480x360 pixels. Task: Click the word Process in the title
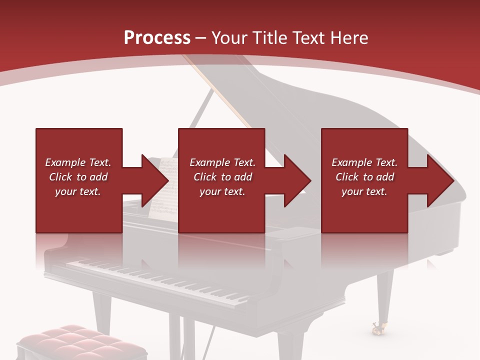pos(157,38)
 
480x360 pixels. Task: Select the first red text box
pos(78,180)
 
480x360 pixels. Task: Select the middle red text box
pos(221,180)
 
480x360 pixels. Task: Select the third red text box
pos(364,180)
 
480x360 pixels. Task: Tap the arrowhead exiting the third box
pos(439,180)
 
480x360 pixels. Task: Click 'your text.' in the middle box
pos(222,191)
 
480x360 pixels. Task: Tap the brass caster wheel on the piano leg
pos(377,328)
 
